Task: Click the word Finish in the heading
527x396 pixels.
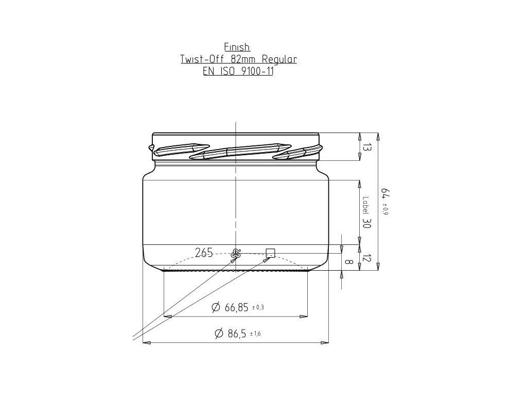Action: [x=237, y=47]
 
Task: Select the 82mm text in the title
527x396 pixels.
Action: [x=243, y=59]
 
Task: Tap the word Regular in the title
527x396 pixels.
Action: [x=279, y=60]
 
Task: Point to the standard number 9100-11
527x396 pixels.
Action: [x=257, y=71]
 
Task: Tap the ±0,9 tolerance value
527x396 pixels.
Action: [x=385, y=209]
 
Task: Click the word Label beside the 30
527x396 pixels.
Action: [x=366, y=205]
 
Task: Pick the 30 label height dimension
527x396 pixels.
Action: [x=366, y=223]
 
